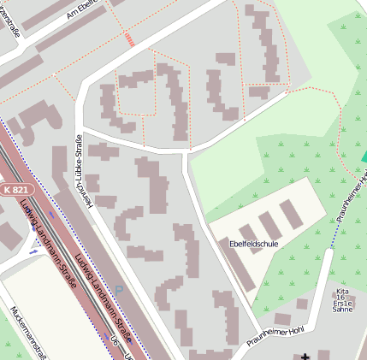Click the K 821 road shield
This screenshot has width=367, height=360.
point(15,189)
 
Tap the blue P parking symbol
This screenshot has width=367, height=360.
point(119,288)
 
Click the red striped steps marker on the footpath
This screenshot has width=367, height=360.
point(129,38)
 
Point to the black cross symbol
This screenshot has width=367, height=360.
point(305,356)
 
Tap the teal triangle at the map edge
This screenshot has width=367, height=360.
point(364,156)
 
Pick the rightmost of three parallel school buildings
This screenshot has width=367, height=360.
point(292,215)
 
